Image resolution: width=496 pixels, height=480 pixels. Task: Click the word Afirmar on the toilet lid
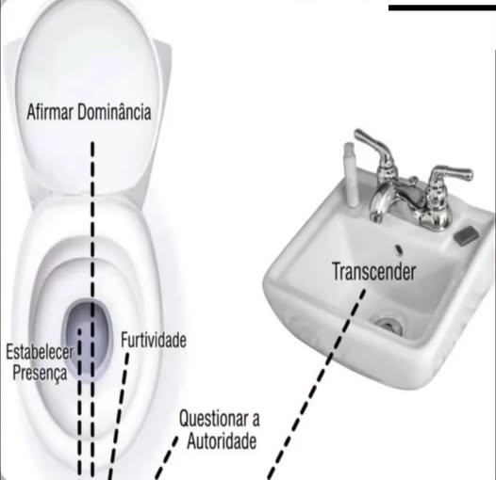coord(50,112)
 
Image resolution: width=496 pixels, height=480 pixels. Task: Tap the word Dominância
coord(114,112)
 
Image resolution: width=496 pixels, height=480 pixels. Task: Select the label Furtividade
coord(154,340)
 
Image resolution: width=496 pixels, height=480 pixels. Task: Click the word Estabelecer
coord(40,352)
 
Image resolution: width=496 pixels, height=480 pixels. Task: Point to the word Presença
coord(40,373)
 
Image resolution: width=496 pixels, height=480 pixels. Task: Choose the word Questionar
coord(211,419)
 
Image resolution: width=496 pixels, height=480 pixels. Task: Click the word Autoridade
coord(222,440)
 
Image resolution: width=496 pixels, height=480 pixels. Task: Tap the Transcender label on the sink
coord(374,272)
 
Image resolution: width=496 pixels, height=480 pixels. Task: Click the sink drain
coord(389,324)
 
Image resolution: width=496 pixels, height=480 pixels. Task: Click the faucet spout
coord(384,202)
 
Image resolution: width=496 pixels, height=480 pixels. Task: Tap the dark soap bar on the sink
coord(466,235)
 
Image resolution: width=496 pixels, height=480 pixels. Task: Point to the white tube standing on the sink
coord(351,174)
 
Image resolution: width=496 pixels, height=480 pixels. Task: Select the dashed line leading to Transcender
coord(317,385)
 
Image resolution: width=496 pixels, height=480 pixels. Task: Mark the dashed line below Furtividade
coord(119,416)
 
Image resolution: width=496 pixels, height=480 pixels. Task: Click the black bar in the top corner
coord(442,8)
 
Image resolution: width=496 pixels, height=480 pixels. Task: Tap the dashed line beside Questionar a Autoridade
coord(167,458)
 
